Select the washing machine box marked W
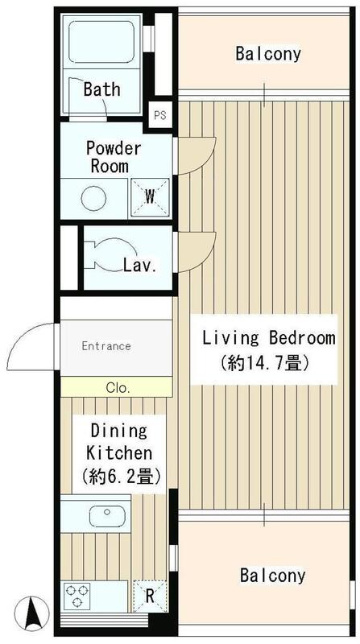(150, 196)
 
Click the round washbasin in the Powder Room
(94, 198)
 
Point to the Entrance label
(106, 346)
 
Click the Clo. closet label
(118, 387)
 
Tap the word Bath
(101, 89)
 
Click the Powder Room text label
(114, 157)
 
